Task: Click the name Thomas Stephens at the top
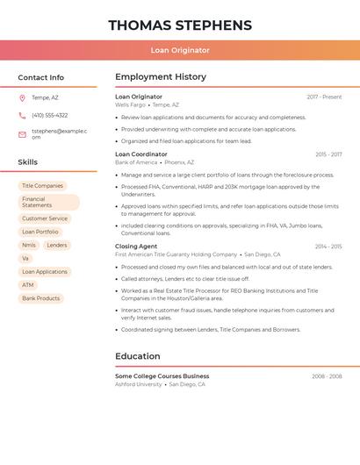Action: [180, 25]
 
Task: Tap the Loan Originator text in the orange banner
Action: [180, 50]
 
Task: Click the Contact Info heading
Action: [41, 77]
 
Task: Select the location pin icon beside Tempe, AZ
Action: [22, 97]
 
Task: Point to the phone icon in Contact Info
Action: [22, 115]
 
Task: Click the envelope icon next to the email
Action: [22, 134]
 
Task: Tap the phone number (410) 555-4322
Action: [49, 115]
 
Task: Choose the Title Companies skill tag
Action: [42, 186]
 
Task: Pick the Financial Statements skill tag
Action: [48, 202]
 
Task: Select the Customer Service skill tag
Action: [45, 218]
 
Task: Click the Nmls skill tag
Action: [29, 246]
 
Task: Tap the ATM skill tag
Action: [28, 285]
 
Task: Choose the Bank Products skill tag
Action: [41, 298]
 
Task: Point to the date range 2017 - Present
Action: [324, 97]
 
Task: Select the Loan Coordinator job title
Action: [140, 154]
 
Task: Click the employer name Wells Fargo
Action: [130, 104]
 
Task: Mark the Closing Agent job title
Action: [136, 247]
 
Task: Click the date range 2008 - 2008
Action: [327, 376]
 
